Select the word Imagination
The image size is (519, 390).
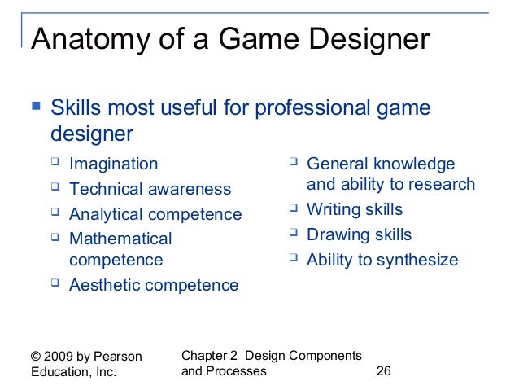114,164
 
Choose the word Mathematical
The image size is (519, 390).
120,239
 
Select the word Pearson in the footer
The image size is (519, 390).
119,356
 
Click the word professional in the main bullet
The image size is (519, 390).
281,107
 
